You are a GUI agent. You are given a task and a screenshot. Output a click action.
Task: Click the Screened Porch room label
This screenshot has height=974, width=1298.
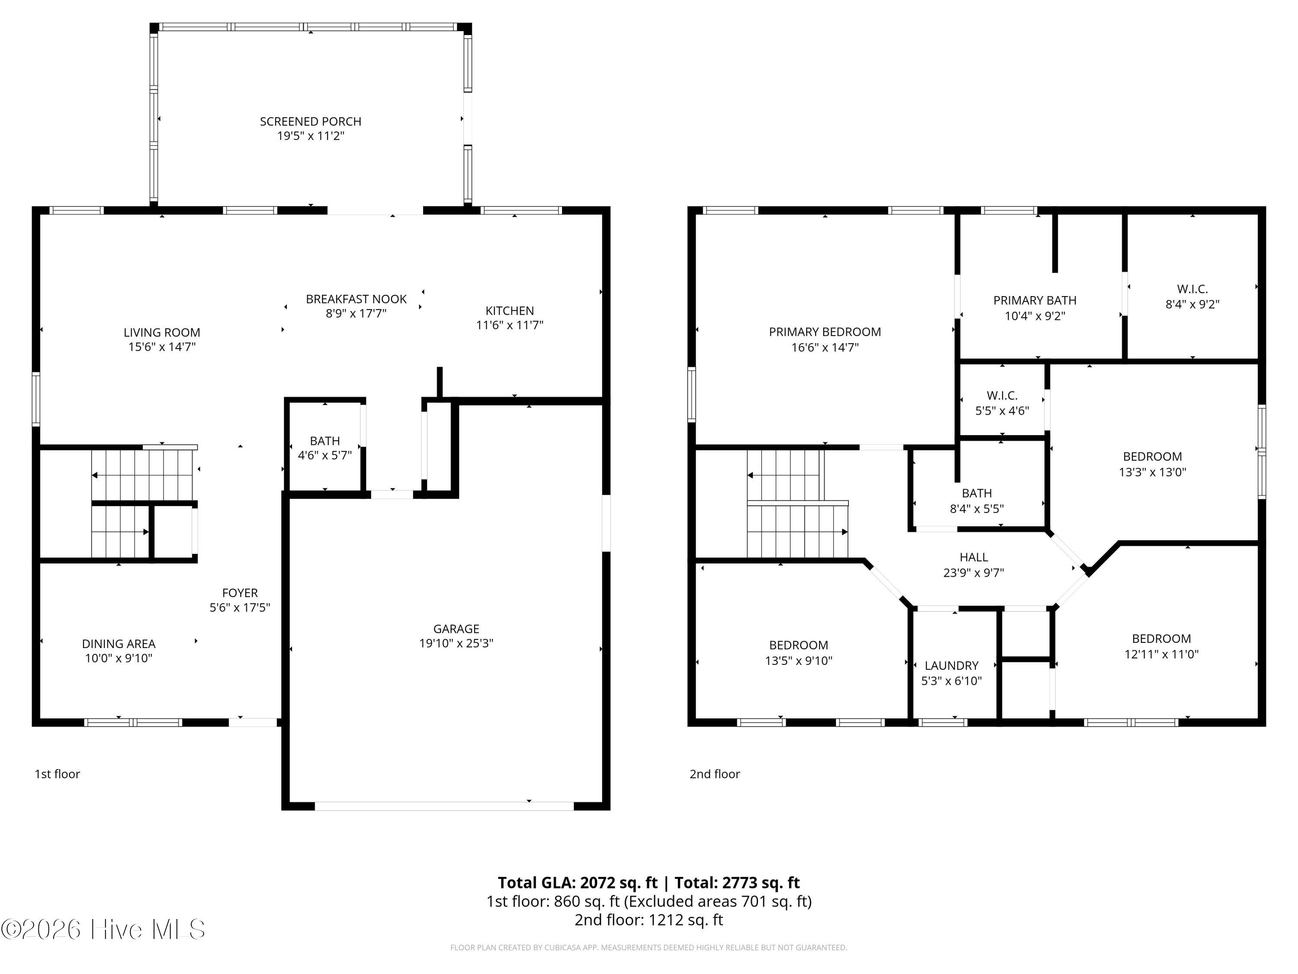pos(310,122)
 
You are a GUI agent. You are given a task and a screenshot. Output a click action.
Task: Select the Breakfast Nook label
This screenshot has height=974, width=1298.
pos(356,299)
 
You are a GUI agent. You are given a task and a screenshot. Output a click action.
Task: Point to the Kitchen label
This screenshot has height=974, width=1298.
pos(509,310)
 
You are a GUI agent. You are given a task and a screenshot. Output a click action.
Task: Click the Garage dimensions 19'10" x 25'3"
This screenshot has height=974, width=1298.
pos(456,643)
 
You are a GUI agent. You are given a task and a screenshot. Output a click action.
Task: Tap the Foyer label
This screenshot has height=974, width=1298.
pos(240,593)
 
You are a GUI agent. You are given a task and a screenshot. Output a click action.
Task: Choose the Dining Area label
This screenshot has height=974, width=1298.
pos(119,644)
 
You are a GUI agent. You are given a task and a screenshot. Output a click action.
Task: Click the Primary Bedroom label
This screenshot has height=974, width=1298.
pos(825,332)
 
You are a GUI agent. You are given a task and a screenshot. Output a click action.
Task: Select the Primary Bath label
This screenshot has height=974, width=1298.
pos(1035,300)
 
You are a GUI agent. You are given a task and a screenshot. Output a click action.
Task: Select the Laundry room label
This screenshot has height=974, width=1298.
pos(951,666)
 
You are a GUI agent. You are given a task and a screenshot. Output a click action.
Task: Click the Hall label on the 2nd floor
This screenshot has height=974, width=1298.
pos(973,557)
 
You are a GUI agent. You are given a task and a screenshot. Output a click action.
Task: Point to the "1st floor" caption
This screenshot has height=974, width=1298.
pos(57,774)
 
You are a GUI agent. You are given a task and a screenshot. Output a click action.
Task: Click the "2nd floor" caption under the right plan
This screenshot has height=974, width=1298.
pos(715,774)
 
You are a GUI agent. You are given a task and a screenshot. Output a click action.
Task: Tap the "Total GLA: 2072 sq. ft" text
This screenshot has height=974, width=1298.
pos(578,882)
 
